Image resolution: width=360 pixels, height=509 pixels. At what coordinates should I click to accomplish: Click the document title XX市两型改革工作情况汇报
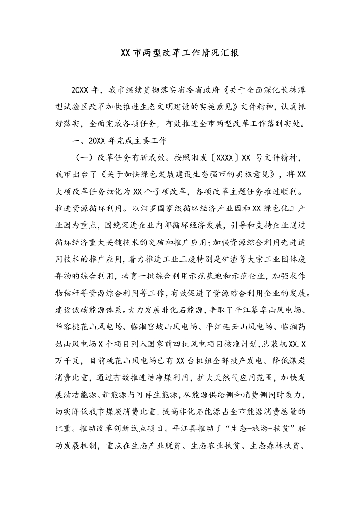180,53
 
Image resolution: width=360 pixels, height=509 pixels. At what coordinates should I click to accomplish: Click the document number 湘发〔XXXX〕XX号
234,159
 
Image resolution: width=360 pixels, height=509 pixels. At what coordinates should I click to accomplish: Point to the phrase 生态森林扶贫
273,452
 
